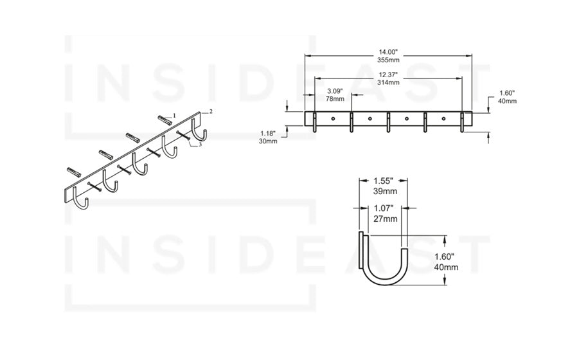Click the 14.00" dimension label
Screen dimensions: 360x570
(x=387, y=51)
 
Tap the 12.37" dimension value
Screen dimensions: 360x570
(x=388, y=75)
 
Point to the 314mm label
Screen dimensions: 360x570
(x=388, y=83)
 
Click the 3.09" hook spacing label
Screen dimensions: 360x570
(x=335, y=91)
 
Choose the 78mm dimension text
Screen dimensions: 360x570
(x=335, y=99)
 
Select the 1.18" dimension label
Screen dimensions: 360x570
(x=268, y=133)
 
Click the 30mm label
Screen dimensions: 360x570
(x=268, y=141)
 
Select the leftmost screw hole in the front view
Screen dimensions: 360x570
(x=334, y=119)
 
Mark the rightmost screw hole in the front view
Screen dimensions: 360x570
(x=443, y=119)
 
